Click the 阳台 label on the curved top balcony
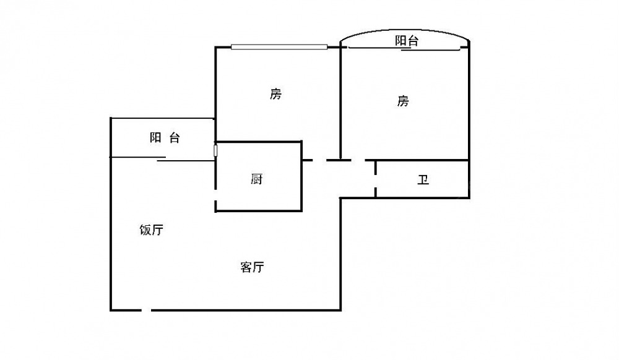[x=407, y=41]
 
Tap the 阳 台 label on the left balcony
[x=165, y=138]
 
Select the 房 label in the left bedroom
[x=275, y=94]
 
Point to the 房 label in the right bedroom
[x=403, y=101]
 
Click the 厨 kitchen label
[x=257, y=179]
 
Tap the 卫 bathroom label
[x=423, y=181]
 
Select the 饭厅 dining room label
[x=151, y=230]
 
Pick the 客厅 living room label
[x=252, y=267]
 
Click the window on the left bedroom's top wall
[x=279, y=46]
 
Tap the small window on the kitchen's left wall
[x=215, y=150]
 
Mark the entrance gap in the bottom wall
[x=146, y=309]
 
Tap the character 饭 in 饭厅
[x=145, y=230]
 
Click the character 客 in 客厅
[x=245, y=267]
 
